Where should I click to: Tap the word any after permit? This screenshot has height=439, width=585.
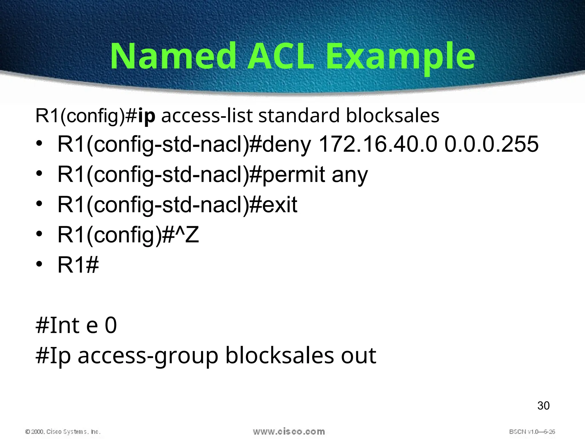coord(350,175)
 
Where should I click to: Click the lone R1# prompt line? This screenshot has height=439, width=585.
coord(78,265)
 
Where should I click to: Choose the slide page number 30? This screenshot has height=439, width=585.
coord(543,406)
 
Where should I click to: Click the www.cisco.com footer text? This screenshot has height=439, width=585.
coord(289,432)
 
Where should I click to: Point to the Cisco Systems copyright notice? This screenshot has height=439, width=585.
coord(63,432)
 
